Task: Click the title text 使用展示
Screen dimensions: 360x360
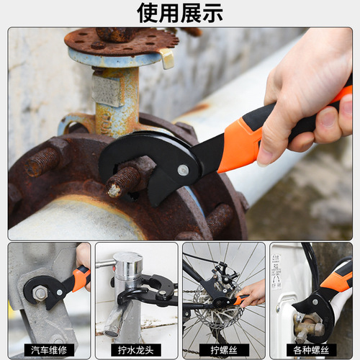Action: pos(180,12)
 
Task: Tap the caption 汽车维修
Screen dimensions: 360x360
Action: pos(49,351)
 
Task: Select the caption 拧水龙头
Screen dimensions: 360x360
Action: pos(136,351)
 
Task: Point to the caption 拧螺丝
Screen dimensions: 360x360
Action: pos(223,351)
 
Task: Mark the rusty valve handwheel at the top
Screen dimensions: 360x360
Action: pos(121,40)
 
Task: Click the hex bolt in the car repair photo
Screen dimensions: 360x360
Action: pos(40,293)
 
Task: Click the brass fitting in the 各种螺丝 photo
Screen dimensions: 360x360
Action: pos(306,324)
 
